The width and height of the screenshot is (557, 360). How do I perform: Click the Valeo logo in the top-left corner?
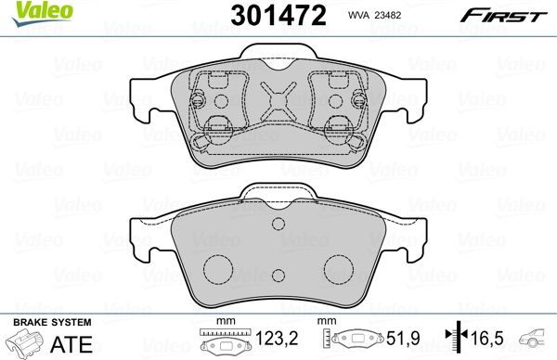tap(25, 10)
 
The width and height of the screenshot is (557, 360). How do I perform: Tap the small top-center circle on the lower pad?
tap(278, 224)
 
